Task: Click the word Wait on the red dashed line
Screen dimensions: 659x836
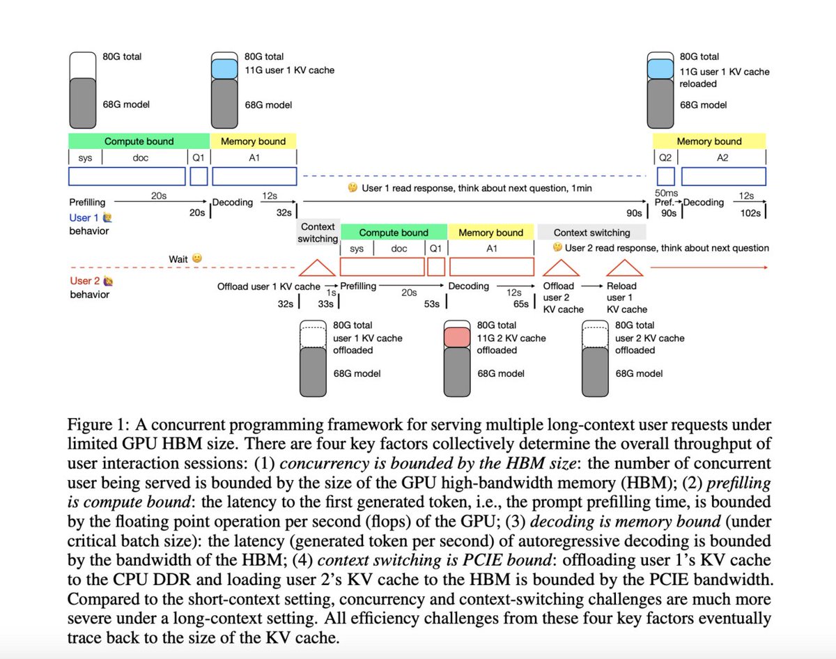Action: coord(179,259)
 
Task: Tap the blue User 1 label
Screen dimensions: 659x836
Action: coord(84,218)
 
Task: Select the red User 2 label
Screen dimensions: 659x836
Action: coord(85,281)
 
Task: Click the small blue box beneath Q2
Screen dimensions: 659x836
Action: coord(665,176)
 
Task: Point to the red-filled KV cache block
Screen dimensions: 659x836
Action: coord(458,337)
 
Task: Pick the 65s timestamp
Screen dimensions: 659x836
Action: coord(520,304)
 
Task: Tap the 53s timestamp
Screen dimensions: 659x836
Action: coord(431,304)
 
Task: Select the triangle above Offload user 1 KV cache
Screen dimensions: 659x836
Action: coord(318,268)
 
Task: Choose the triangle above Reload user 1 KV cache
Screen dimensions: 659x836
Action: coord(624,268)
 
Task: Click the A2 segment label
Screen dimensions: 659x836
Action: coord(722,158)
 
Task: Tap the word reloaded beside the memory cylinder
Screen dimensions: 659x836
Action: coord(699,84)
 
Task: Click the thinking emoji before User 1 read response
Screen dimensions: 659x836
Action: coord(353,188)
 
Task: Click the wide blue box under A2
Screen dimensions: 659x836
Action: coord(723,176)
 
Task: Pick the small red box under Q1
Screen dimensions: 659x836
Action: coord(436,267)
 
